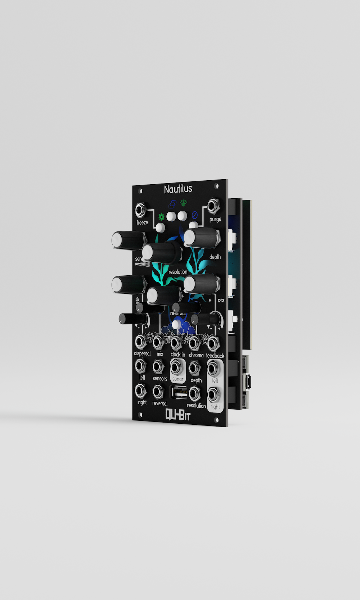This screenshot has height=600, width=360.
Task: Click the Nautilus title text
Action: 178,189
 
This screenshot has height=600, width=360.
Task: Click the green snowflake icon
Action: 162,217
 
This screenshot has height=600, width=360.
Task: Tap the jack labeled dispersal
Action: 140,341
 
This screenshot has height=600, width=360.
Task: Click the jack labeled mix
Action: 158,342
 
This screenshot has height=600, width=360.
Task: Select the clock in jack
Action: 176,343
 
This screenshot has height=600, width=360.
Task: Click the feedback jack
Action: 213,343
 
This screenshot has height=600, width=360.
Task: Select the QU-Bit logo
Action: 178,415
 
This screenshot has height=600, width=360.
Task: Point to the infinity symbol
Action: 221,300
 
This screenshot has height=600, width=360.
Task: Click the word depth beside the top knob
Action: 215,257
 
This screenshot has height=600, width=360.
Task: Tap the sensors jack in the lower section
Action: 158,367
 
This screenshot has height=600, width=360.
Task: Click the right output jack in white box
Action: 214,395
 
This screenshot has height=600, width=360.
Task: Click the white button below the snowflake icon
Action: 160,227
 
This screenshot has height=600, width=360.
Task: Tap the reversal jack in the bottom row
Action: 158,392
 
